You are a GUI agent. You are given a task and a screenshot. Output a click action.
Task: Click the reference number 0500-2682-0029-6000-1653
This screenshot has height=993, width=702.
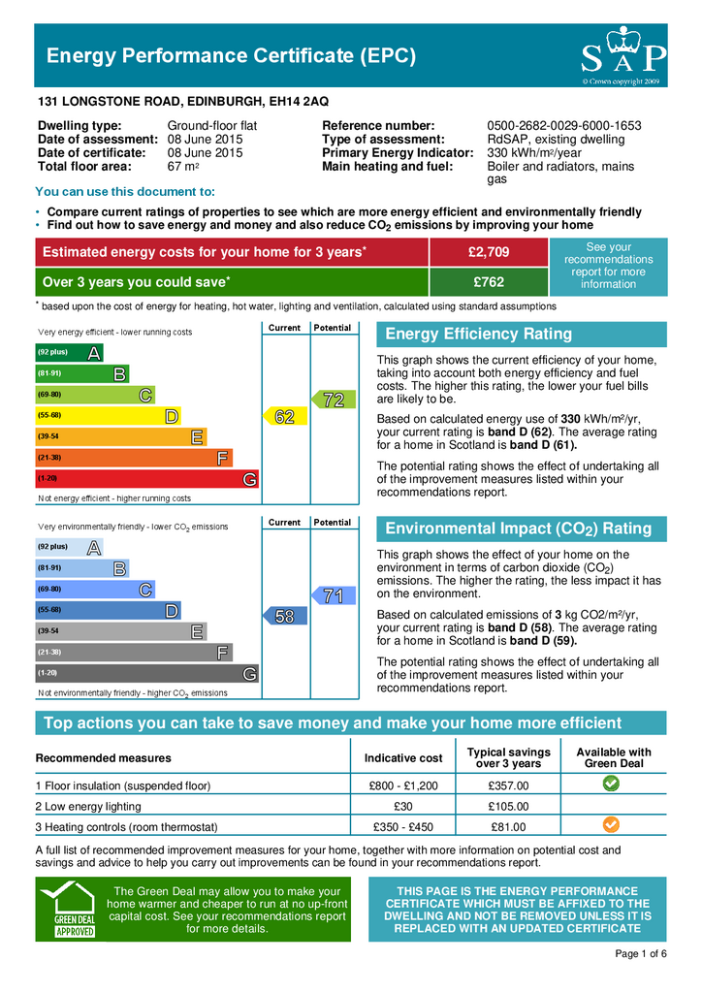coord(563,126)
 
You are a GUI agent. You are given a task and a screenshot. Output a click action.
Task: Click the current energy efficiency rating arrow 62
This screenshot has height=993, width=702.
coord(282,416)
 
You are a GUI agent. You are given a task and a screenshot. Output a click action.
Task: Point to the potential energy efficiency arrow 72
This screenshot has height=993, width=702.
coord(332,399)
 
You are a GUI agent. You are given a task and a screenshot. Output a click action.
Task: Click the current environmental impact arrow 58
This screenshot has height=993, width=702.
coord(282,616)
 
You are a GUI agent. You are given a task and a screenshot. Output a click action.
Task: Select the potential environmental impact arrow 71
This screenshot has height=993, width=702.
coord(332,595)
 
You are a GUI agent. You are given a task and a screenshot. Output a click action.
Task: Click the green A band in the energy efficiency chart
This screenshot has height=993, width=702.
coord(69,352)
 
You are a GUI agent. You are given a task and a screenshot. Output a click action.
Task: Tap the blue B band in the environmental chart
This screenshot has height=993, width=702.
coord(82,567)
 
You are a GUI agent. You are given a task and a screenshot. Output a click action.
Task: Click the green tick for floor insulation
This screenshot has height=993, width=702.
coord(613,784)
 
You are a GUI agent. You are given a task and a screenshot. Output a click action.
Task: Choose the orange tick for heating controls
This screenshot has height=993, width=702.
coord(613,825)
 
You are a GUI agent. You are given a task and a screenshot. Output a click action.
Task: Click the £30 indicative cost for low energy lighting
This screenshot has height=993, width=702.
coord(403,806)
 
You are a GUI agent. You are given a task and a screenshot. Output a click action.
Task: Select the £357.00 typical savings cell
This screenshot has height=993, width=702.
coord(508,785)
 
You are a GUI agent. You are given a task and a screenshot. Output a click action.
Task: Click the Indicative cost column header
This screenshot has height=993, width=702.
coord(403,757)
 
